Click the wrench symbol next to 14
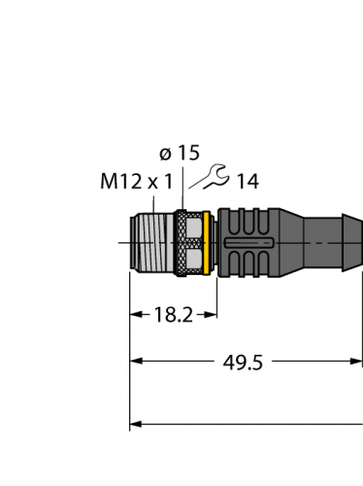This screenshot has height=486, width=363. pos(205,178)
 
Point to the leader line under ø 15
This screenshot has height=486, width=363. pos(181,185)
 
